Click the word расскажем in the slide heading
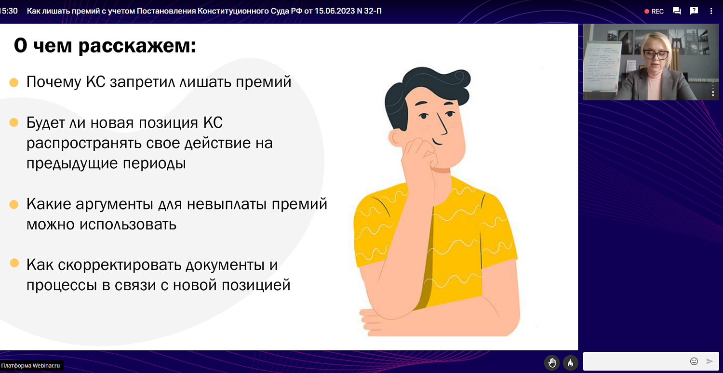coord(137,46)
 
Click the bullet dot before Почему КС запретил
coord(14,82)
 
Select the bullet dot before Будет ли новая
coord(14,123)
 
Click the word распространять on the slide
coord(84,144)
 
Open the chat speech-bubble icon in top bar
coord(677,11)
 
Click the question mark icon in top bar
coord(694,11)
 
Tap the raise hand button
coord(552,362)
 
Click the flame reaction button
coord(570,362)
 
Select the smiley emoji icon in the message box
coord(694,361)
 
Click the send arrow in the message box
coord(710,361)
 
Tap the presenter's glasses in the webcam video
coord(656,54)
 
